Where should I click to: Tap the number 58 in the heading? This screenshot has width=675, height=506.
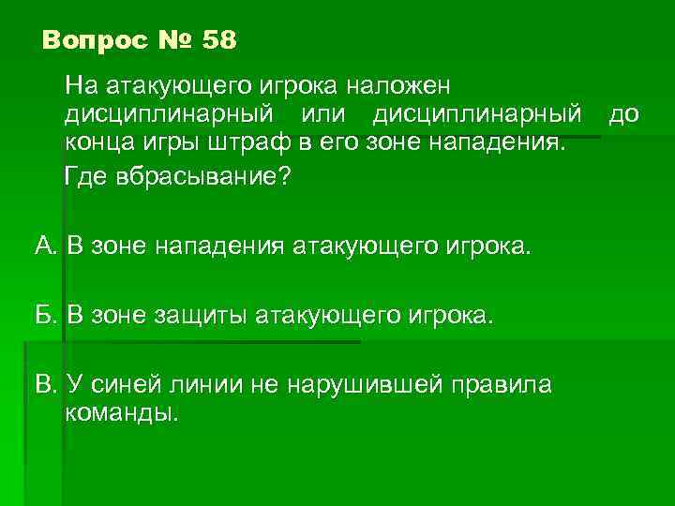219,41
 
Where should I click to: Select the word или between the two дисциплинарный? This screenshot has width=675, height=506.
324,115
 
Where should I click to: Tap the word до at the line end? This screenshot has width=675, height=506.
624,115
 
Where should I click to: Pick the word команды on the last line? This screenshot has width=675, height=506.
120,413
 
